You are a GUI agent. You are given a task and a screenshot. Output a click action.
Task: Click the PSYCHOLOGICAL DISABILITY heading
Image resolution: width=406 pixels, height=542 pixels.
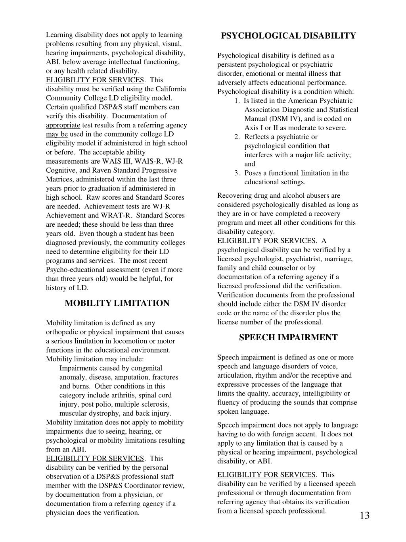(x=288, y=36)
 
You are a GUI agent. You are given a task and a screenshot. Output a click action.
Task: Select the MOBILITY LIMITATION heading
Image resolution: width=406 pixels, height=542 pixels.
(x=117, y=303)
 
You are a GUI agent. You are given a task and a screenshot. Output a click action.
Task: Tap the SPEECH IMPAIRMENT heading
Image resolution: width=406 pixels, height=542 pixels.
(x=288, y=338)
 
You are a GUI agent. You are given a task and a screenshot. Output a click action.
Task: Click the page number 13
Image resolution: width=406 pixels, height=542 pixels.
(x=365, y=515)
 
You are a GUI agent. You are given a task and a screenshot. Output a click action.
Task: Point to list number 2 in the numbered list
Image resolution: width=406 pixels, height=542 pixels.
(x=237, y=137)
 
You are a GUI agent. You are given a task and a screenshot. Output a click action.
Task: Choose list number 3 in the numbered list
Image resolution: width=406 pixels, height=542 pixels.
(x=237, y=173)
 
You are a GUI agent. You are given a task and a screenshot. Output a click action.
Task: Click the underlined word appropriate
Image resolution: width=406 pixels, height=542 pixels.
(x=63, y=125)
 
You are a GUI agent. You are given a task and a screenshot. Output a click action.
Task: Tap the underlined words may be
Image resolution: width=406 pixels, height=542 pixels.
(x=57, y=134)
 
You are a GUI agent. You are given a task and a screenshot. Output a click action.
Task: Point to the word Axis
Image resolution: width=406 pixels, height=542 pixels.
(x=251, y=128)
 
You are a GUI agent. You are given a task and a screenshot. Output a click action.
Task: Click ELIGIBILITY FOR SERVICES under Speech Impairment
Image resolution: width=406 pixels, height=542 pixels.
(x=266, y=475)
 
